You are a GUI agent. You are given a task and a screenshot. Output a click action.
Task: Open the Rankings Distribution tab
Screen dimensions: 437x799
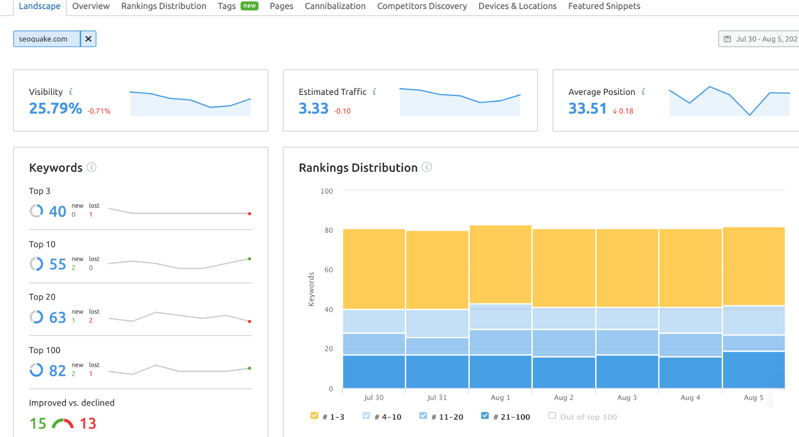pos(163,6)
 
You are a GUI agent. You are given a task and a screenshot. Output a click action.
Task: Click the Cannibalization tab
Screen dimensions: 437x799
pos(335,6)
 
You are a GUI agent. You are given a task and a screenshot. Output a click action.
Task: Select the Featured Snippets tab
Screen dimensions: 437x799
pos(604,6)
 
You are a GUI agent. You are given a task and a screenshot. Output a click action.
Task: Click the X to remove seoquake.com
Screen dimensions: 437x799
pos(88,39)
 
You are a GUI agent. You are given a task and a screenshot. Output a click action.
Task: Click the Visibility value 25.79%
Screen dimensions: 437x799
pos(55,108)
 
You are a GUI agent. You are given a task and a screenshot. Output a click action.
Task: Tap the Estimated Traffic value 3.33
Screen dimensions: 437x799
pos(313,108)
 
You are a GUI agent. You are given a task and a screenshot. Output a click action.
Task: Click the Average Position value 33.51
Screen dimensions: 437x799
pos(587,108)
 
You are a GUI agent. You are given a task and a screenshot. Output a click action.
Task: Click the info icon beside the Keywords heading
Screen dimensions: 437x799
pos(91,167)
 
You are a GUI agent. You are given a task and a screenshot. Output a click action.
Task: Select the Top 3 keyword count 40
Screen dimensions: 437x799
pos(57,211)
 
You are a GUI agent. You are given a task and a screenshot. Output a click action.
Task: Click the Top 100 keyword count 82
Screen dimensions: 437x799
pos(57,371)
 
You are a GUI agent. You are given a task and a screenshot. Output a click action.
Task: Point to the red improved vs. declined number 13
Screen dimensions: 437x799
pos(88,423)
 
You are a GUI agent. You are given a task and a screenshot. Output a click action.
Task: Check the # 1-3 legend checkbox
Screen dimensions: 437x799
pos(314,415)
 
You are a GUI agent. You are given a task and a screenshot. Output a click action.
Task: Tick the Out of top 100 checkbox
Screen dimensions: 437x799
pos(552,415)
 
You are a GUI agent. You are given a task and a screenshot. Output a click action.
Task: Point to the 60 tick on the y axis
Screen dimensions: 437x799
pos(328,270)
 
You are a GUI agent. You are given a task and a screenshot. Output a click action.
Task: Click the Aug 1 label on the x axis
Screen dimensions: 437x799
pos(500,397)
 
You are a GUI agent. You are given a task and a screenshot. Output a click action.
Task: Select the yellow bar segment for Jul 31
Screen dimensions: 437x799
pos(437,270)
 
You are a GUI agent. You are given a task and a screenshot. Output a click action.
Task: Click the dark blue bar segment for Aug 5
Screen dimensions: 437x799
pos(753,370)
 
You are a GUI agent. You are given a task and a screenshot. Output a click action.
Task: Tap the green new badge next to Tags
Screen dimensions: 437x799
pos(250,6)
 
